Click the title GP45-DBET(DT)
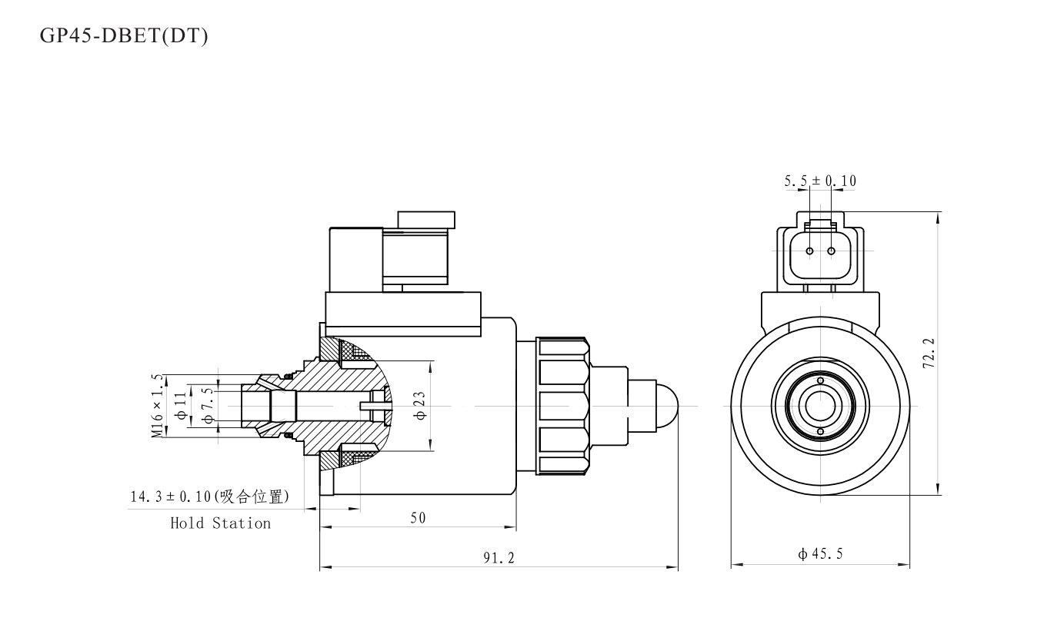(x=124, y=37)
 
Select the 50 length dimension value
(x=418, y=517)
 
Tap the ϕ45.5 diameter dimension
(x=820, y=553)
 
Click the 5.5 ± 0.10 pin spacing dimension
(x=819, y=181)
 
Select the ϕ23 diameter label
(x=420, y=405)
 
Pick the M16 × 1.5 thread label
(x=158, y=406)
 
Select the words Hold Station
(x=220, y=523)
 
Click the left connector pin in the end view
(x=809, y=251)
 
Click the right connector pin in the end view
(x=831, y=251)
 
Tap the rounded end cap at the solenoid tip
(x=666, y=405)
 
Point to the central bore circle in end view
(x=820, y=405)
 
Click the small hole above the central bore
(x=820, y=380)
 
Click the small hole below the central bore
(x=820, y=431)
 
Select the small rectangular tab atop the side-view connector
(x=425, y=220)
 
